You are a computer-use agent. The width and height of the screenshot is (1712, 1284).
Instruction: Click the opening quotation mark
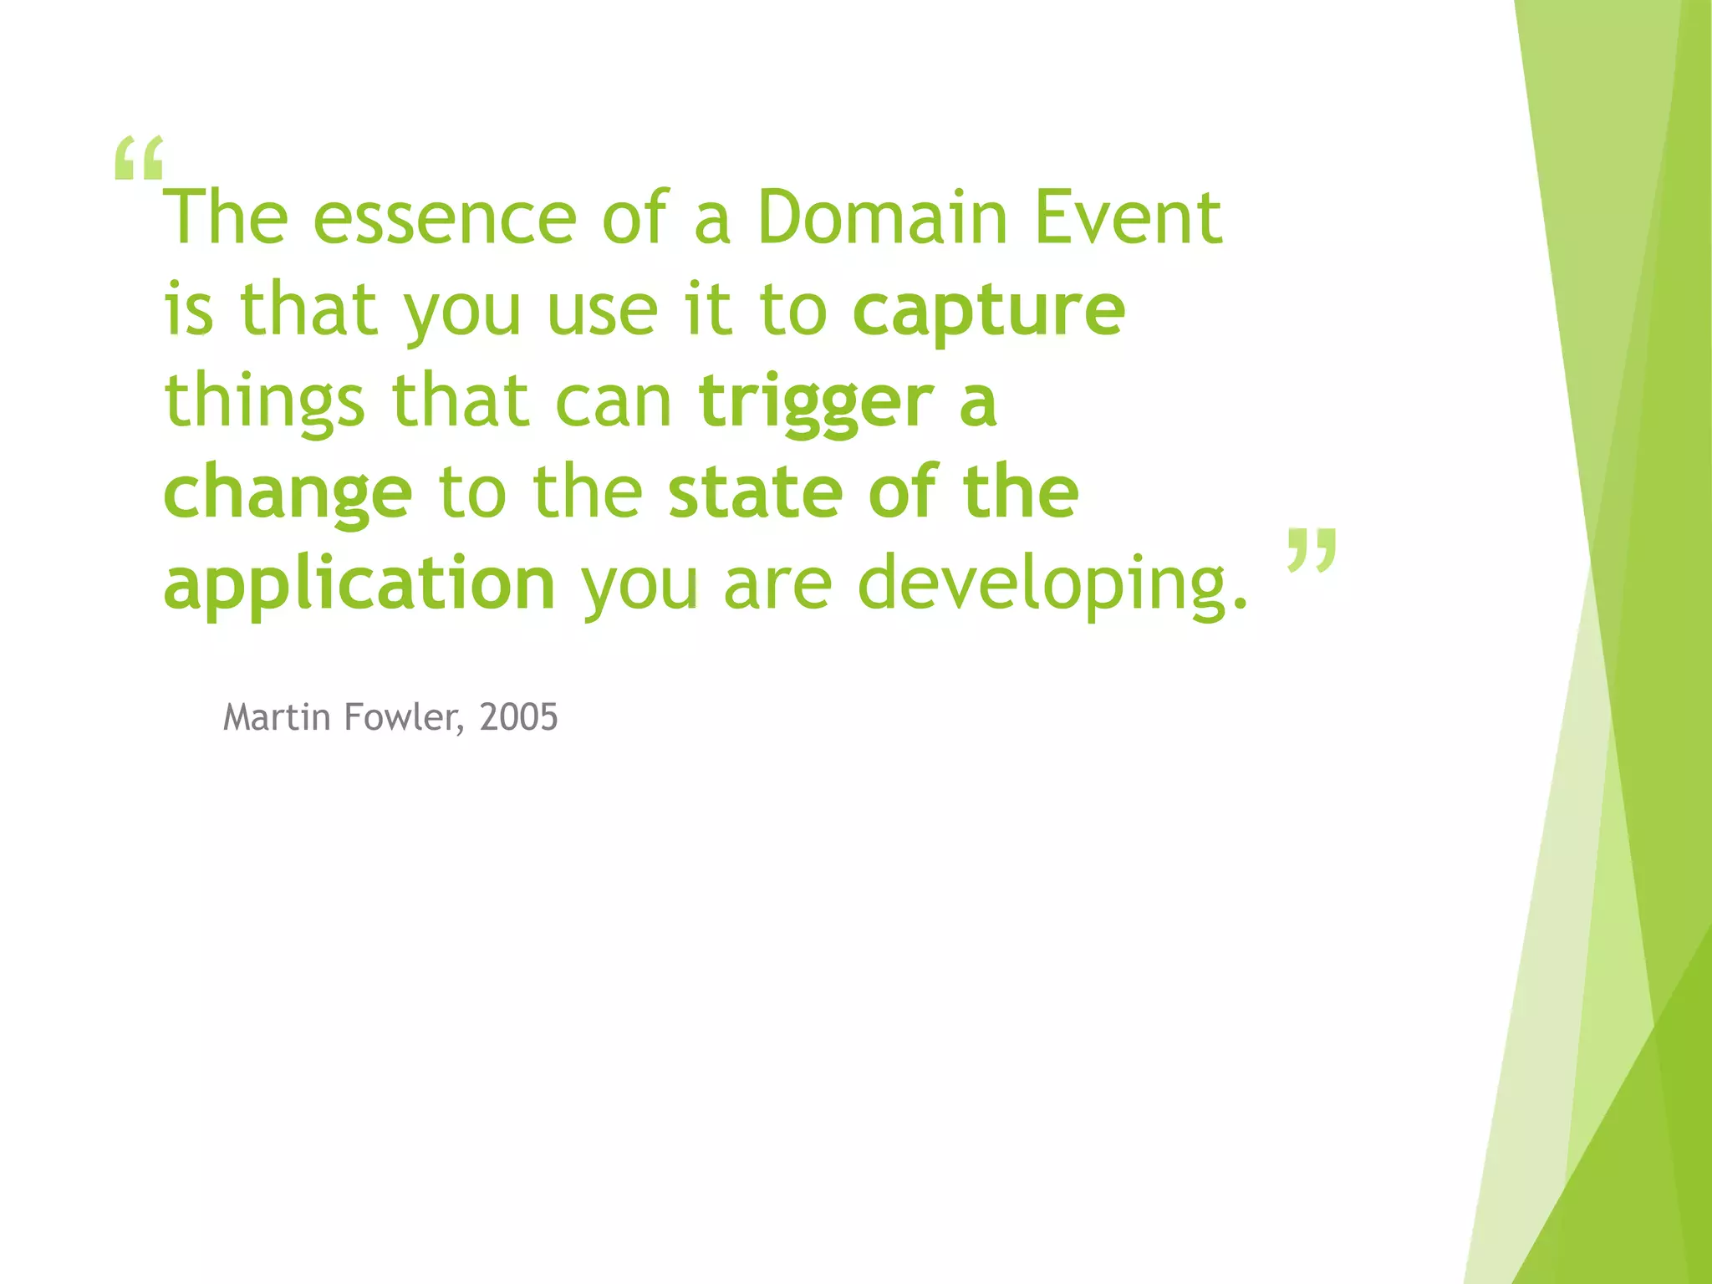click(138, 159)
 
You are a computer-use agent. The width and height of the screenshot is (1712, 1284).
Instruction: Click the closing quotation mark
click(1312, 550)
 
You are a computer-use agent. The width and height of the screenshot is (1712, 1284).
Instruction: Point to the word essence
click(444, 219)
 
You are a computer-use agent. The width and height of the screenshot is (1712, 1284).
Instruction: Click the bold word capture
click(988, 312)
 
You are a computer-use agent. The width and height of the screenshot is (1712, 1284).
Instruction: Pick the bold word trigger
click(816, 403)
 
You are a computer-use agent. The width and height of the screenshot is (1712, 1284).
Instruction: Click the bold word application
click(359, 585)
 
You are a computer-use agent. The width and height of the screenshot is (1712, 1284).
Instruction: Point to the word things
click(264, 403)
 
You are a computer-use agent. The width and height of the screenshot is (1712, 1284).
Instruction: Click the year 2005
click(518, 717)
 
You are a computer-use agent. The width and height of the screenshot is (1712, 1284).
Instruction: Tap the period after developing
click(1240, 602)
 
